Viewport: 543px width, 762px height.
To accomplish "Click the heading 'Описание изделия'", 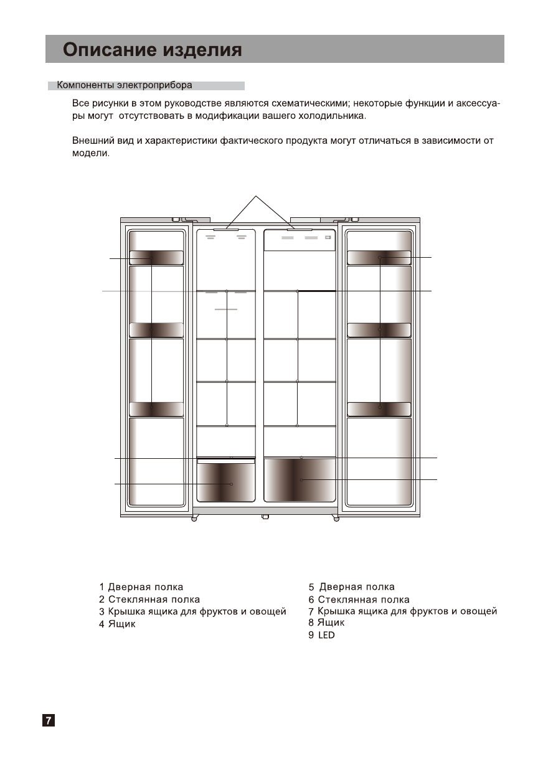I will pos(153,49).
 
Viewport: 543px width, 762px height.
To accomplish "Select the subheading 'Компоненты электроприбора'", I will pos(125,85).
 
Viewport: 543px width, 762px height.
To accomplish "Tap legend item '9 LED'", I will pos(321,635).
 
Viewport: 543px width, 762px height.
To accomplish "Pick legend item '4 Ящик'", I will pos(117,624).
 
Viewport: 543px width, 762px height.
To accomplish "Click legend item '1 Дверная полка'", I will pos(141,586).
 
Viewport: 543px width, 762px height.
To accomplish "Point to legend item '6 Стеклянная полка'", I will pos(359,600).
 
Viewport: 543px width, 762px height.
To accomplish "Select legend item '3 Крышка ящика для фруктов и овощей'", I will pos(192,611).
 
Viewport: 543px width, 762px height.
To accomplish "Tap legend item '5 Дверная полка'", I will pos(352,586).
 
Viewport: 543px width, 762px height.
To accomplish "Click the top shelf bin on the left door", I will pos(156,258).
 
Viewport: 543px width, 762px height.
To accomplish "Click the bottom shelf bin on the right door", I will pos(379,408).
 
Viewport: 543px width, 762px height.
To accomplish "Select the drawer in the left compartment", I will pos(226,483).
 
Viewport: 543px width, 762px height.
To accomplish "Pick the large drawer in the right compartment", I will pos(300,480).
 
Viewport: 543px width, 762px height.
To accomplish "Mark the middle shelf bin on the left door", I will pos(156,330).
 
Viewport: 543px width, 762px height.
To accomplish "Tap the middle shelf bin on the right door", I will pos(379,329).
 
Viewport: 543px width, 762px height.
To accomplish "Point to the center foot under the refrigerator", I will pos(265,517).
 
